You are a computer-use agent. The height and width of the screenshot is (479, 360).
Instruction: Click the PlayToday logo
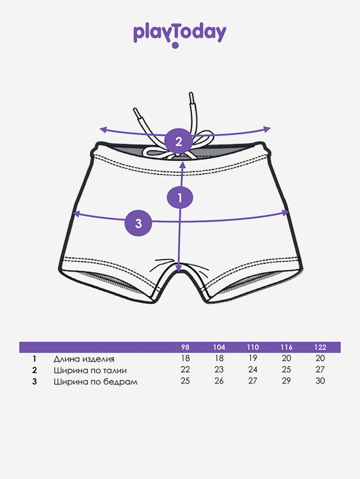(x=180, y=34)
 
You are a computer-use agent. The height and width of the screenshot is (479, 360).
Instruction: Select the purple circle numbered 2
(x=179, y=141)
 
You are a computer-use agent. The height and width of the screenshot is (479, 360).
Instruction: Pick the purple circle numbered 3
(x=138, y=223)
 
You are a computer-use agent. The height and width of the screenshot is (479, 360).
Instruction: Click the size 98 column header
(x=185, y=347)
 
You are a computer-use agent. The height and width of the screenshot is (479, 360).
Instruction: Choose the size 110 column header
(x=253, y=347)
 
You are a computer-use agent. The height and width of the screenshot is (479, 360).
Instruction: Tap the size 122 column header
(x=320, y=347)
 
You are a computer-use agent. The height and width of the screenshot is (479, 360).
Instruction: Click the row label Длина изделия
(x=84, y=359)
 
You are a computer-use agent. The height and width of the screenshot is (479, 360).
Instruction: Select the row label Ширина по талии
(x=90, y=370)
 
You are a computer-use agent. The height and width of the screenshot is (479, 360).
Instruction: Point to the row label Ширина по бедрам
(x=96, y=381)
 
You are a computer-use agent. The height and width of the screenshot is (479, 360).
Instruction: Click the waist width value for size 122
(x=320, y=370)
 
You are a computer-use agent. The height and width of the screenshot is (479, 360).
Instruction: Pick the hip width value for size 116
(x=286, y=381)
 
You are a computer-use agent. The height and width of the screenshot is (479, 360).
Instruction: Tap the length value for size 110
(x=253, y=358)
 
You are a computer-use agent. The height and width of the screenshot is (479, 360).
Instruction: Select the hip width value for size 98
(x=185, y=381)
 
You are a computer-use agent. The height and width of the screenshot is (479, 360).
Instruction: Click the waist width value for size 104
(x=219, y=370)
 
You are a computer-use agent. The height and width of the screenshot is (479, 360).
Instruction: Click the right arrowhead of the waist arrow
(x=268, y=129)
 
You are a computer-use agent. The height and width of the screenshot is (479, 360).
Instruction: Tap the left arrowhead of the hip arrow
(x=75, y=214)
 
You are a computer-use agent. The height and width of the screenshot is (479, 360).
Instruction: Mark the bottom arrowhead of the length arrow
(x=179, y=269)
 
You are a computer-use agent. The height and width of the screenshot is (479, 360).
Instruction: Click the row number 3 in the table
(x=34, y=381)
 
